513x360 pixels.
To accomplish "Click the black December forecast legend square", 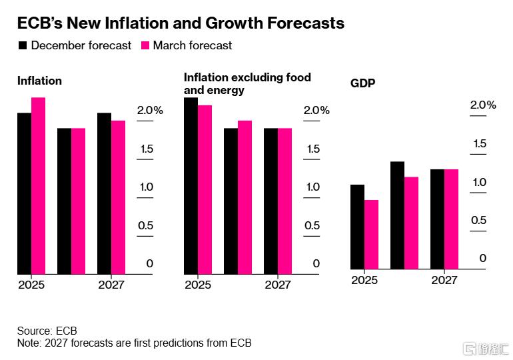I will click(x=22, y=46).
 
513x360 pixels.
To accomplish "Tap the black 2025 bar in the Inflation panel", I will click(x=24, y=193).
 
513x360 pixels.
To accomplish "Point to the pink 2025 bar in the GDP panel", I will click(x=372, y=235).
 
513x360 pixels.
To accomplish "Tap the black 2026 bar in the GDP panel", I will click(x=397, y=215).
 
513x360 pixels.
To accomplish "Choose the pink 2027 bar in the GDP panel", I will click(x=452, y=219).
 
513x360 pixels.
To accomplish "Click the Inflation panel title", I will click(x=39, y=81).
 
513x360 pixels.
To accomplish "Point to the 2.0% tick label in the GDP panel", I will click(x=483, y=105).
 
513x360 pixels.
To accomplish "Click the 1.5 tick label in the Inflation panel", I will click(x=146, y=149).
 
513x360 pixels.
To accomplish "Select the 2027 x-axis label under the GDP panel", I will click(x=444, y=280).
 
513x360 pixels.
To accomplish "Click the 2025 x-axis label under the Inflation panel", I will click(x=31, y=285).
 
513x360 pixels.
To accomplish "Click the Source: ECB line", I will click(x=47, y=331).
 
